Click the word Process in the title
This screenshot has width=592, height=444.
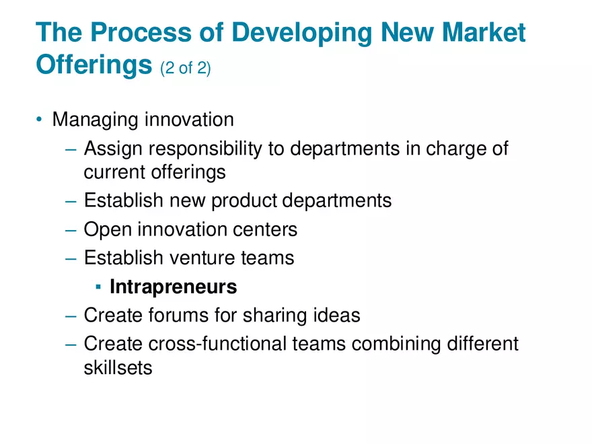point(137,34)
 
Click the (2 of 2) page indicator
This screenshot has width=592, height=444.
point(186,68)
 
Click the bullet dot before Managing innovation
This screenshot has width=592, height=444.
point(40,120)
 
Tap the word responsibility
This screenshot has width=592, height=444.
point(205,149)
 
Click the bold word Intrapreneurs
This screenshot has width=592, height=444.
point(173,287)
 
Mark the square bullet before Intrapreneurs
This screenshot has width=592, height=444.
point(98,287)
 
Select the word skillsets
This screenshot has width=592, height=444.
point(118,368)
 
